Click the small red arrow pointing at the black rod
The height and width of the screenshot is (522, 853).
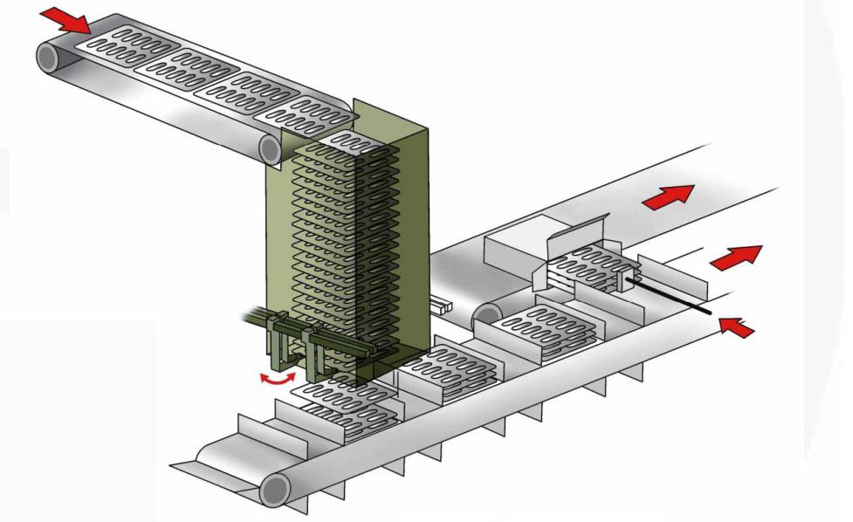tap(735, 328)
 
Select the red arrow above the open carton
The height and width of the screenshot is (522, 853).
tap(668, 196)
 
